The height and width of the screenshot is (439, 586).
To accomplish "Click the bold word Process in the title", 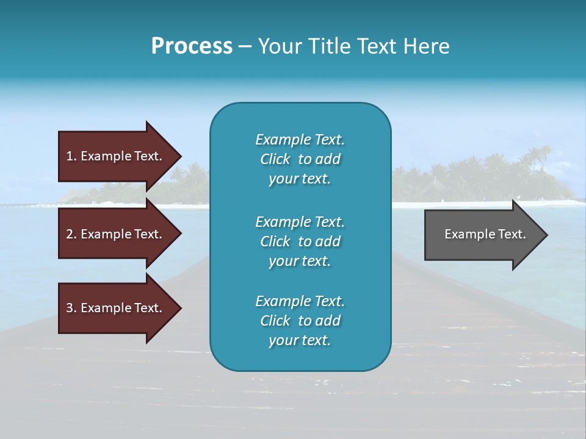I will (x=192, y=46).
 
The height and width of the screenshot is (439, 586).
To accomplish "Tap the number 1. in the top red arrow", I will (x=71, y=156).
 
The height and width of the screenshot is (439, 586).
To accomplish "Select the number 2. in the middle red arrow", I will (x=71, y=234).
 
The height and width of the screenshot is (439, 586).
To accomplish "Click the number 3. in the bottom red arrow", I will (x=71, y=308).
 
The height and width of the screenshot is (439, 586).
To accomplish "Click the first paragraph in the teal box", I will (x=300, y=159).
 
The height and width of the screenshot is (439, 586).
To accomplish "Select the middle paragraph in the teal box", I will (x=300, y=241).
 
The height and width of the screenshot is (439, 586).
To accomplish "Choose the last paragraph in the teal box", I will (x=300, y=321).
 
